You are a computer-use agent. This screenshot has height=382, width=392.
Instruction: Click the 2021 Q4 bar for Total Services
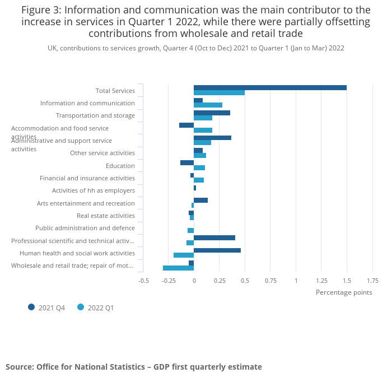pyautogui.click(x=270, y=87)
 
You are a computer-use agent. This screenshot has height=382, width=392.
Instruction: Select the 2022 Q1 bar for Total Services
pyautogui.click(x=219, y=92)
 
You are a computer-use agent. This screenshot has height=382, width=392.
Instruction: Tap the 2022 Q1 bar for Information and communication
pyautogui.click(x=208, y=105)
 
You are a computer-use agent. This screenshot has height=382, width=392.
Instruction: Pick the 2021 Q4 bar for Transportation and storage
pyautogui.click(x=212, y=113)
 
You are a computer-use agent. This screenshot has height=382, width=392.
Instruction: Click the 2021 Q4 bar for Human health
pyautogui.click(x=217, y=250)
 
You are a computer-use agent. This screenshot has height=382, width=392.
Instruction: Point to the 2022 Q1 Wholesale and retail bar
pyautogui.click(x=178, y=268)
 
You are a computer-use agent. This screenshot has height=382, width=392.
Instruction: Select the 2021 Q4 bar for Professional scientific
pyautogui.click(x=214, y=237)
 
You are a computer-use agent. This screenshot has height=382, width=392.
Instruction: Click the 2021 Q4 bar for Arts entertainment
pyautogui.click(x=200, y=200)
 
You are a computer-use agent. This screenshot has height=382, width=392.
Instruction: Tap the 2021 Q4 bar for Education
pyautogui.click(x=187, y=162)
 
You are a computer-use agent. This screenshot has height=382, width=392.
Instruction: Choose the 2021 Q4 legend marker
pyautogui.click(x=31, y=307)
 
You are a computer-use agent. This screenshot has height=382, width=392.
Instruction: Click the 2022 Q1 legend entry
pyautogui.click(x=100, y=308)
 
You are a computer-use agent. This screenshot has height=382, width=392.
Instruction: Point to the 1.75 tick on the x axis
pyautogui.click(x=372, y=281)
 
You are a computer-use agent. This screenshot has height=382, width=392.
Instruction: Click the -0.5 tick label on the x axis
pyautogui.click(x=143, y=281)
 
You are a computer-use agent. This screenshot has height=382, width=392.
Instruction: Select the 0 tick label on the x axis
pyautogui.click(x=194, y=281)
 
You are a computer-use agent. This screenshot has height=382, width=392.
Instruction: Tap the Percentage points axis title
pyautogui.click(x=344, y=292)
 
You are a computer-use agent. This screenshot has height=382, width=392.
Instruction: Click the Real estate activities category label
pyautogui.click(x=106, y=216)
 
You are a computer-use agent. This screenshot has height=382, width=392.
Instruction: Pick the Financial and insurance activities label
pyautogui.click(x=87, y=178)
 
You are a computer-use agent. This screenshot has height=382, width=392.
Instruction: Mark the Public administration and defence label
pyautogui.click(x=85, y=228)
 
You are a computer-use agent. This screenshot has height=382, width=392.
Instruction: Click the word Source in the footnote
pyautogui.click(x=19, y=367)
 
